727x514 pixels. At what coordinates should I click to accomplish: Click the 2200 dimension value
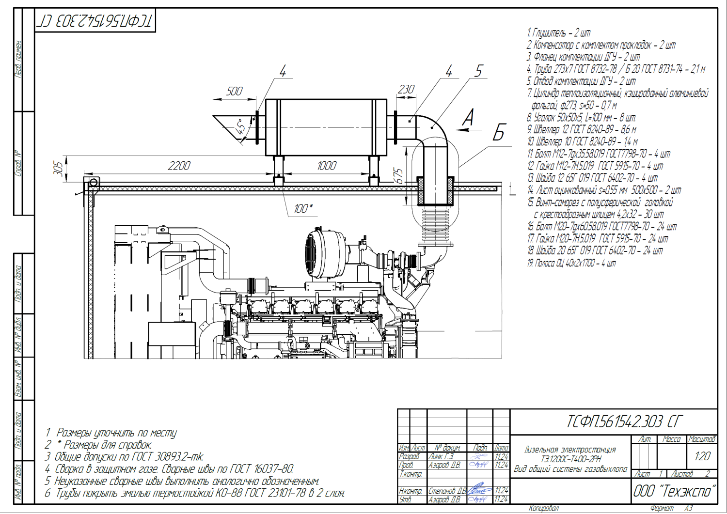(x=179, y=166)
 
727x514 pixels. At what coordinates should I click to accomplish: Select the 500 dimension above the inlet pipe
(x=235, y=91)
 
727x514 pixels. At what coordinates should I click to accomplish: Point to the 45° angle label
(x=241, y=127)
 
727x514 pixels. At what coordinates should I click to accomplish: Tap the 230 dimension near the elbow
(x=406, y=89)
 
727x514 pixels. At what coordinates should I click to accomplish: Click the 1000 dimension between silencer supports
(x=327, y=166)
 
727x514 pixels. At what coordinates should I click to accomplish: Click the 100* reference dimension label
(x=303, y=209)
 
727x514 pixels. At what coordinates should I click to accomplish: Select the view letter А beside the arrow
(x=468, y=118)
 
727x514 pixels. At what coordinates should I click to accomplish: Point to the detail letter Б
(x=499, y=132)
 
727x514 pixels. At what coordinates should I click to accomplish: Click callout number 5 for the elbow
(x=479, y=71)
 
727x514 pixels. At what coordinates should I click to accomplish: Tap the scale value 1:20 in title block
(x=702, y=456)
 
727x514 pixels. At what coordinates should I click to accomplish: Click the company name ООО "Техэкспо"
(x=674, y=491)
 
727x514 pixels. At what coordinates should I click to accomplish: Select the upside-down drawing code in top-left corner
(x=95, y=21)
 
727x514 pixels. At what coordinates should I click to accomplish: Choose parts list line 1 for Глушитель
(x=559, y=33)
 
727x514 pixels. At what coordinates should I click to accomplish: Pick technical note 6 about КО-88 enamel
(x=195, y=493)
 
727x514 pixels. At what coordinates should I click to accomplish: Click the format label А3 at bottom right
(x=688, y=508)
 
